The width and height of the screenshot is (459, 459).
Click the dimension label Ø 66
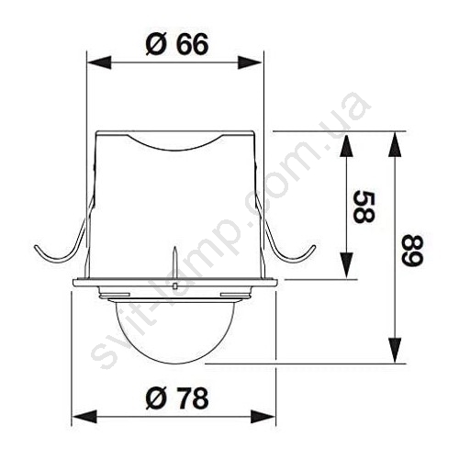tap(177, 44)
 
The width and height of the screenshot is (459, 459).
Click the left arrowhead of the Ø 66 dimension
tap(99, 62)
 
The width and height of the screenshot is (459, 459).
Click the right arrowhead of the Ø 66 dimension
tap(251, 62)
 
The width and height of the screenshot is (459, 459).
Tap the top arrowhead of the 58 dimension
tap(346, 145)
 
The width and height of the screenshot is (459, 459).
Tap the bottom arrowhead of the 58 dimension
tap(346, 265)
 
